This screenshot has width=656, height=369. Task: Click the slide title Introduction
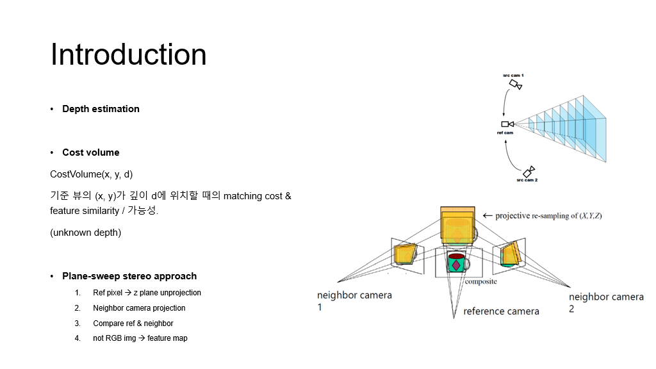pos(128,54)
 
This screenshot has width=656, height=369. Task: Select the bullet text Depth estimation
pos(101,109)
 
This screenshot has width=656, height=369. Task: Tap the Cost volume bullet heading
pos(91,152)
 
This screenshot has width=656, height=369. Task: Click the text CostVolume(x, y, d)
pos(92,174)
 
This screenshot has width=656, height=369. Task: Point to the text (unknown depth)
pos(85,233)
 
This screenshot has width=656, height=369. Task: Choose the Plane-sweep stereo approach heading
pos(129,276)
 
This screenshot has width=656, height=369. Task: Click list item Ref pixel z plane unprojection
pos(147,293)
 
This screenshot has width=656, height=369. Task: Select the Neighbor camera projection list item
pos(139,308)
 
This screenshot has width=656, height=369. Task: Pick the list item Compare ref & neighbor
pos(133,324)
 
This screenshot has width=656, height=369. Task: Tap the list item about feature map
pos(140,338)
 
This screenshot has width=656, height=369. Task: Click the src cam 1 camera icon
pos(516,85)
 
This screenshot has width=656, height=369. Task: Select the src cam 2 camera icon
pos(529,172)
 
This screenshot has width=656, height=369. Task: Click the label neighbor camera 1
pos(354,301)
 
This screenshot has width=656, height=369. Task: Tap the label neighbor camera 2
pos(606,302)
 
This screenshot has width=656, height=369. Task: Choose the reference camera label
pos(501,311)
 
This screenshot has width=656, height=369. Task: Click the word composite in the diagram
pos(480,281)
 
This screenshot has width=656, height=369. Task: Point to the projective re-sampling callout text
pos(548,216)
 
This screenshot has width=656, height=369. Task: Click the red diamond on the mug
pos(455,265)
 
